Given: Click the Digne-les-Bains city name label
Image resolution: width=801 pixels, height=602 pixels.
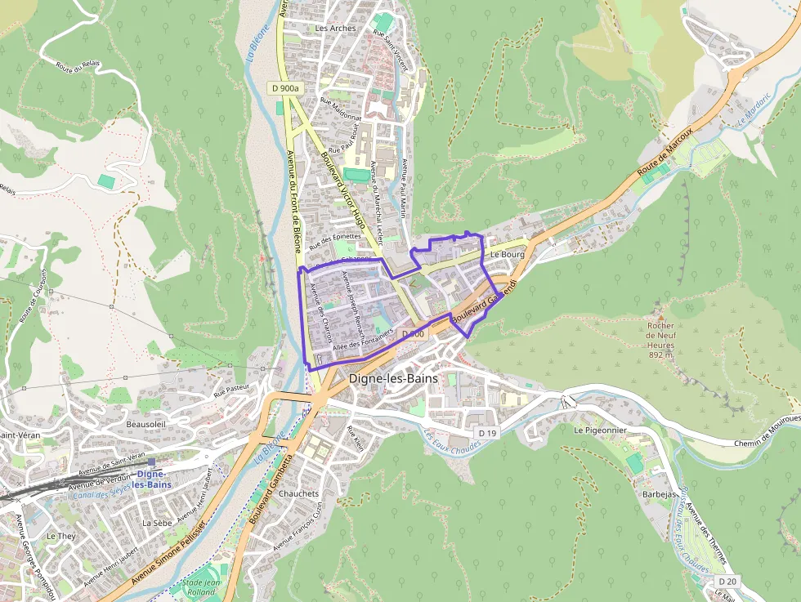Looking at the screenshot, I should tap(393, 379).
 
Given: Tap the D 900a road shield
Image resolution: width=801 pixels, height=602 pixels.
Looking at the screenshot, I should tap(284, 87).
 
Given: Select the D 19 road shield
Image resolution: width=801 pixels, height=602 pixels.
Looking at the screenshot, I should tap(487, 432).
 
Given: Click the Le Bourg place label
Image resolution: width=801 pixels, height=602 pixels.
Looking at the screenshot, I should tap(507, 255).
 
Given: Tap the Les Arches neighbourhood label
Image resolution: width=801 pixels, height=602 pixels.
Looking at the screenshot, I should tap(335, 28).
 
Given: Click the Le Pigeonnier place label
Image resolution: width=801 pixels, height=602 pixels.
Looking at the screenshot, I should tap(601, 429).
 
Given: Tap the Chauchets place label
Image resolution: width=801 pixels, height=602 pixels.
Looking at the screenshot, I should tap(298, 494).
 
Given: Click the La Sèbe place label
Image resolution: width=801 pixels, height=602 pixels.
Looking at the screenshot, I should tap(156, 522).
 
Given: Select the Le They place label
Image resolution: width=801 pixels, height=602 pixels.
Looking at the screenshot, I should tap(60, 536).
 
